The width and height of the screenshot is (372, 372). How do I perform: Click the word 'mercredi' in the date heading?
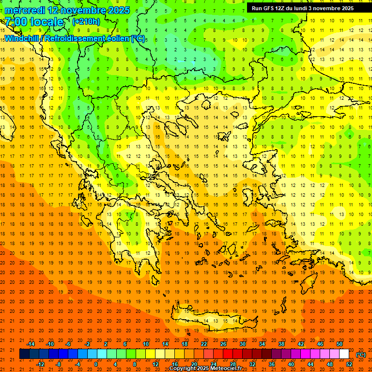pos(25,10)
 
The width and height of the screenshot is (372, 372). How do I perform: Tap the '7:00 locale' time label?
pos(34,22)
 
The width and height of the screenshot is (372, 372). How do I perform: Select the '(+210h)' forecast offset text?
pos(86,21)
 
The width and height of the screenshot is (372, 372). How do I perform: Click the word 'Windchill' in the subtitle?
pos(23,38)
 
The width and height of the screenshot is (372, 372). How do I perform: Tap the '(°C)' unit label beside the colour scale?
pos(360,355)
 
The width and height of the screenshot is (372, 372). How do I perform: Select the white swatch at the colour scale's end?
pos(344,354)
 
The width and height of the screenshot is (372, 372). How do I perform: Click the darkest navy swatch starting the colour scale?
pos(24,354)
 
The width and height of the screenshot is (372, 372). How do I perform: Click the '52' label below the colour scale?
pos(349,364)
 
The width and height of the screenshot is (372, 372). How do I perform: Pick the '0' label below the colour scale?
pos(96,364)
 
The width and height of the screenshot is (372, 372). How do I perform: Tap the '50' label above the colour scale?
pos(340,344)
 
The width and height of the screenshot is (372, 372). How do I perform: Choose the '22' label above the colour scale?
pos(204,344)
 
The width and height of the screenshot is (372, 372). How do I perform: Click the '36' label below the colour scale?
pos(272,364)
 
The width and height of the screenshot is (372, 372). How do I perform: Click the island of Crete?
pos(213,321)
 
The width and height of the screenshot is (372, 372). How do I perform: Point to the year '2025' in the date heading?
pos(116,10)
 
